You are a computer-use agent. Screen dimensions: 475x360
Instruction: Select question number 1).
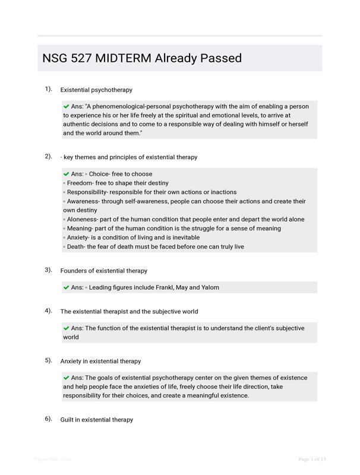pos(48,89)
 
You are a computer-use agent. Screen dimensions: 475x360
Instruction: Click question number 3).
pos(48,270)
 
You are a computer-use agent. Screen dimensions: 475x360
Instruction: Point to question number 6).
pos(48,419)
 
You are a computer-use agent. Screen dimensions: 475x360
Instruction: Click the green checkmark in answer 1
pos(67,106)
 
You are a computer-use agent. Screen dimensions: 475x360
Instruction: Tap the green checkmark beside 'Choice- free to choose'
pos(67,174)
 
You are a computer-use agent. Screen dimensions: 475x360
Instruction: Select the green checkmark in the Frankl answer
pos(67,287)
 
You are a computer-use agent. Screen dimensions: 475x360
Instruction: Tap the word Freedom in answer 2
pos(81,183)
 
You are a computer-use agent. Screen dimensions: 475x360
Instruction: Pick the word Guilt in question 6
pos(69,419)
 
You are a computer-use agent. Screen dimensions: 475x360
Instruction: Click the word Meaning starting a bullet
pos(81,228)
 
